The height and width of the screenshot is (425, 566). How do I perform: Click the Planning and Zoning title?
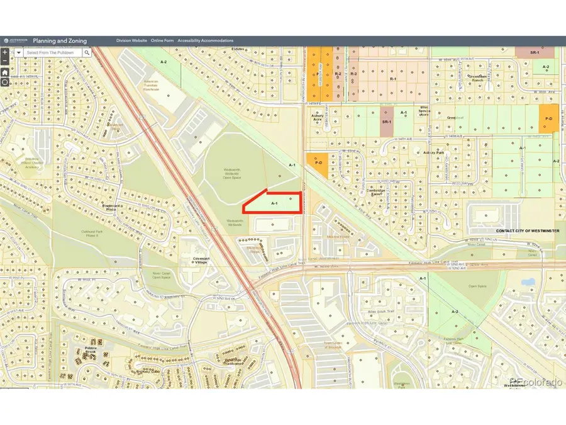[60, 41]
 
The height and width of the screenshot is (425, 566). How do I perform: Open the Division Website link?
[131, 41]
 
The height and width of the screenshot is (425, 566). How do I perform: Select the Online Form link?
[162, 41]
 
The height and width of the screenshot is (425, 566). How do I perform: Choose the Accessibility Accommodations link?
[205, 41]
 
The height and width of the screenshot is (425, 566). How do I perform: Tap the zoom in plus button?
[5, 53]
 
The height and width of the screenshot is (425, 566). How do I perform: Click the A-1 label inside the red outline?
[274, 203]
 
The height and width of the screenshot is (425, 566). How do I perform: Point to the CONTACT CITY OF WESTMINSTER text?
[527, 231]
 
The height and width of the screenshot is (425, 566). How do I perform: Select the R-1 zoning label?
[393, 80]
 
